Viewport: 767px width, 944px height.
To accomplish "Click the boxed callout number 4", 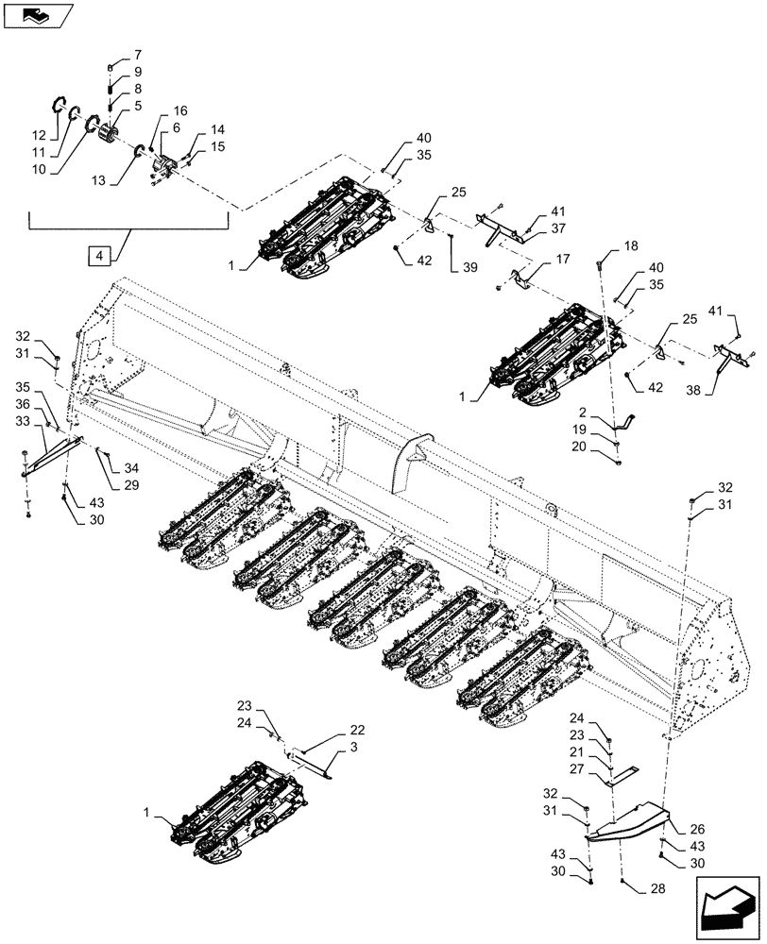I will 98,255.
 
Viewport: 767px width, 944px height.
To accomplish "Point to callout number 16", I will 179,110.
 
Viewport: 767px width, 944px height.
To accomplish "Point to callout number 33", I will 22,420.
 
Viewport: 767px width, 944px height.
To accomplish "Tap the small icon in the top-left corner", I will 36,13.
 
